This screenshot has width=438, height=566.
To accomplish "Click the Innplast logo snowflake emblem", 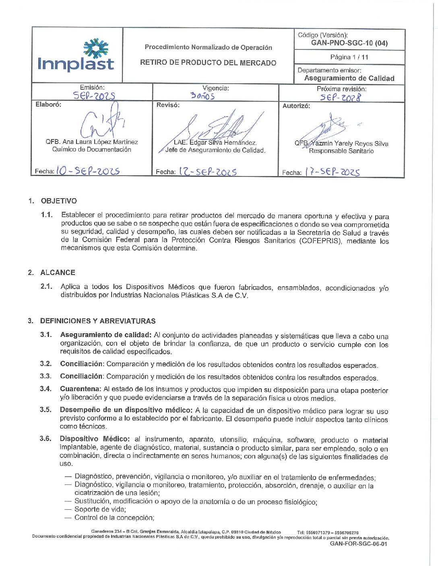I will click(96, 48).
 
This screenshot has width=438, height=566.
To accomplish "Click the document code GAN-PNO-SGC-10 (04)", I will click(349, 43).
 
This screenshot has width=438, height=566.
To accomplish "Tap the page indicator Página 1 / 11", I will click(349, 57).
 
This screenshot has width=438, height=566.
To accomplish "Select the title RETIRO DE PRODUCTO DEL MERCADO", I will click(208, 63).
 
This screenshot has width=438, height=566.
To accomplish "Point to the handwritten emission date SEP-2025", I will click(94, 96).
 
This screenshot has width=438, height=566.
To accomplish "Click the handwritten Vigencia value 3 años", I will click(202, 96).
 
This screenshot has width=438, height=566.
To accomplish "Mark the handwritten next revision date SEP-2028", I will click(341, 97).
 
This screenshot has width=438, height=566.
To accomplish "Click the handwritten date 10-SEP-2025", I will click(88, 171).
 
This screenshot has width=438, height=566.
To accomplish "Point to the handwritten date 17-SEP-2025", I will click(332, 172).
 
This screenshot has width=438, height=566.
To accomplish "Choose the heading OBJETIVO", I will click(59, 201).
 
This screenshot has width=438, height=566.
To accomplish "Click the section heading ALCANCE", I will click(58, 273).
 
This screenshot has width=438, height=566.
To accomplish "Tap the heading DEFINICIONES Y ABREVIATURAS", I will click(98, 321).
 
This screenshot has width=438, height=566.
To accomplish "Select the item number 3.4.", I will click(45, 389).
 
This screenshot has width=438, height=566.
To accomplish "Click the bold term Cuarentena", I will click(80, 389).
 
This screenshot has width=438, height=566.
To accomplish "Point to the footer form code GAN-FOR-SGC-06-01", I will click(358, 544).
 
